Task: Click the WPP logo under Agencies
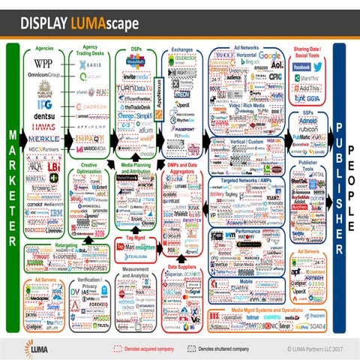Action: click(43, 64)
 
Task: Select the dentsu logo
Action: click(43, 118)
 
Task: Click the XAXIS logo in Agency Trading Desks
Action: click(91, 64)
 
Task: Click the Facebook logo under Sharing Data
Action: click(302, 67)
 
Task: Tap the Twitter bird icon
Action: click(318, 67)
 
